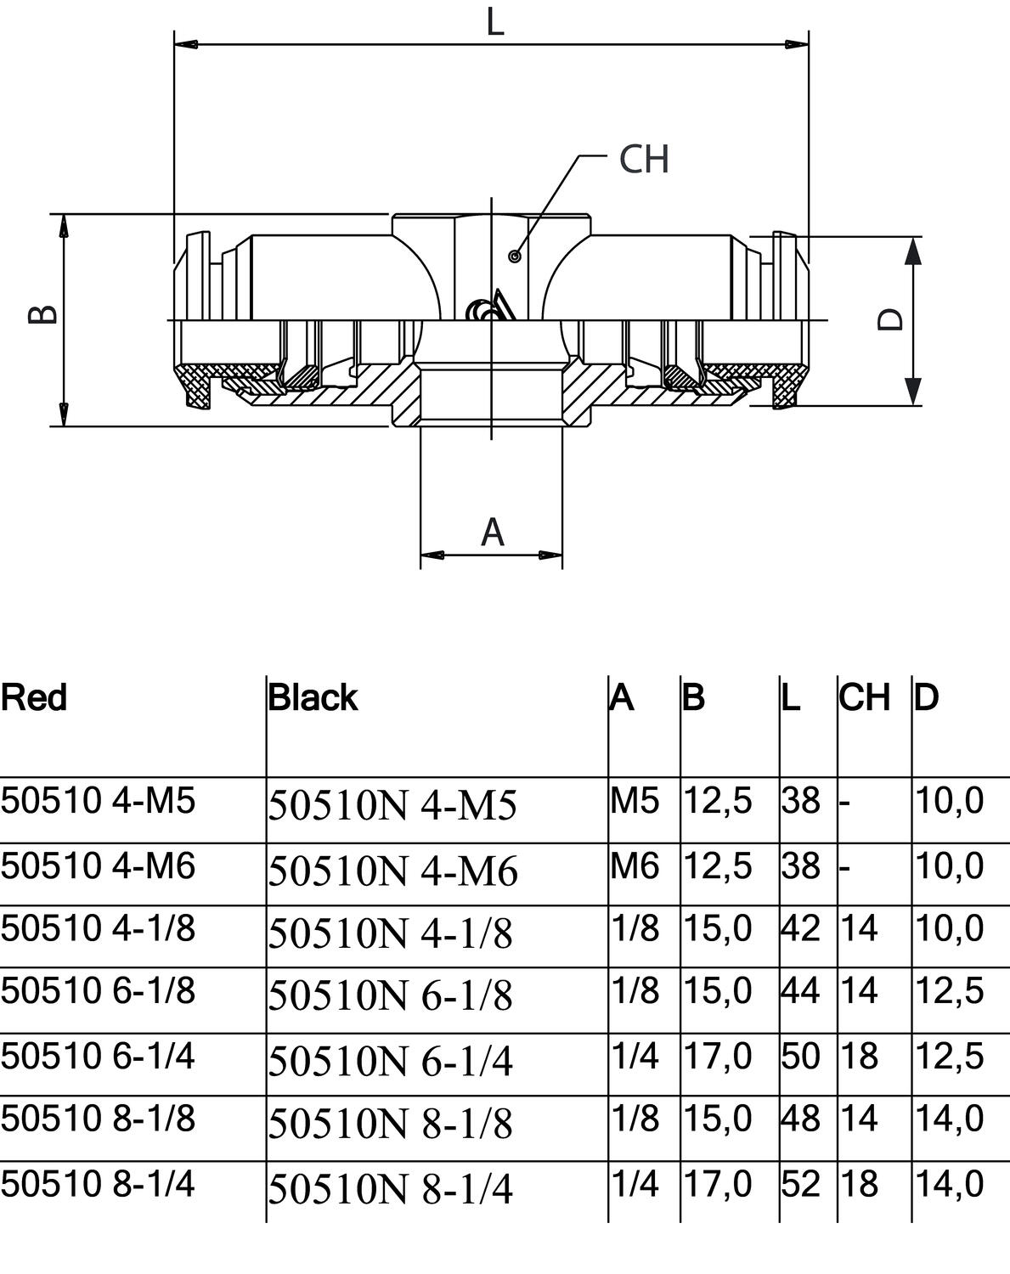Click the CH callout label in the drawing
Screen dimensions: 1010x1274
pyautogui.click(x=644, y=159)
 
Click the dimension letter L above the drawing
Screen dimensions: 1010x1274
pyautogui.click(x=495, y=23)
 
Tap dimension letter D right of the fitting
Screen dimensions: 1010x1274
pyautogui.click(x=890, y=319)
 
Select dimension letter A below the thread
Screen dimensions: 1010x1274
pyautogui.click(x=493, y=532)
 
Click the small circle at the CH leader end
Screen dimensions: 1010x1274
pyautogui.click(x=515, y=256)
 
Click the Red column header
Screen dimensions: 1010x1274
pyautogui.click(x=34, y=697)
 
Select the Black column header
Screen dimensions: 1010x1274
pyautogui.click(x=313, y=697)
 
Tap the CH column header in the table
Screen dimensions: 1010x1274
pyautogui.click(x=865, y=697)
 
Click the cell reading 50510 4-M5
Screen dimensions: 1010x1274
pyautogui.click(x=98, y=801)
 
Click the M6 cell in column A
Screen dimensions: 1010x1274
pyautogui.click(x=635, y=866)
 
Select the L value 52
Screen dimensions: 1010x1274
pyautogui.click(x=800, y=1184)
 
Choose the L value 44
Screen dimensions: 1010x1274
pyautogui.click(x=800, y=990)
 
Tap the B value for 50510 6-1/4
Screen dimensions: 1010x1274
pyautogui.click(x=718, y=1056)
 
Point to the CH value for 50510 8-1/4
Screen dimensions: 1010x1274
pyautogui.click(x=859, y=1184)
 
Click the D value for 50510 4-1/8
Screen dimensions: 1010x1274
pyautogui.click(x=950, y=927)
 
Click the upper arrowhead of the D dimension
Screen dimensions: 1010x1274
pyautogui.click(x=913, y=251)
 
